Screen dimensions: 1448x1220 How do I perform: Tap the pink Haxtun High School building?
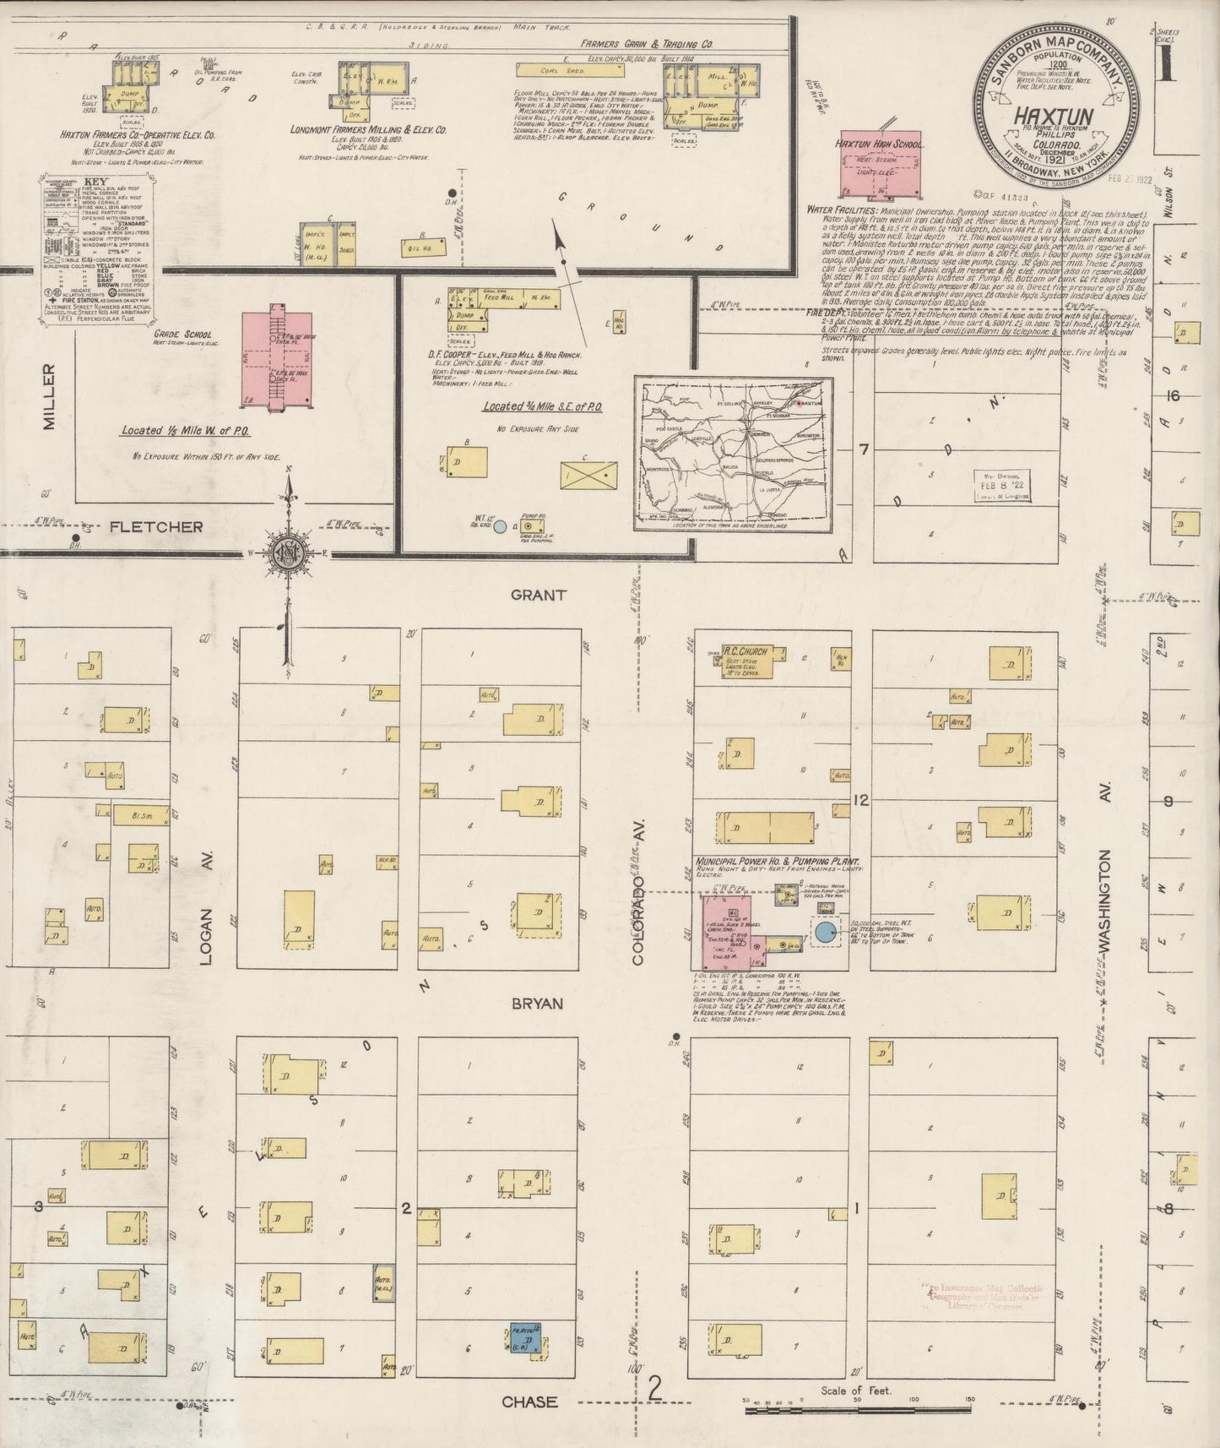877,166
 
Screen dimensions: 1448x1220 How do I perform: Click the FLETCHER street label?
156,526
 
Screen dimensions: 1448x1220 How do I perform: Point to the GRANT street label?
539,595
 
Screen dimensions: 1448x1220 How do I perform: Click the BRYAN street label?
538,1003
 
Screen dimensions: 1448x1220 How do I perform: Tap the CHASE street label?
529,1402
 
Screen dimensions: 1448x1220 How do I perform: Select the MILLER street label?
48,397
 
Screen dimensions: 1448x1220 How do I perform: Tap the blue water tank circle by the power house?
825,933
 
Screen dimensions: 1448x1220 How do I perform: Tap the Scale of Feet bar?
857,1409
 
